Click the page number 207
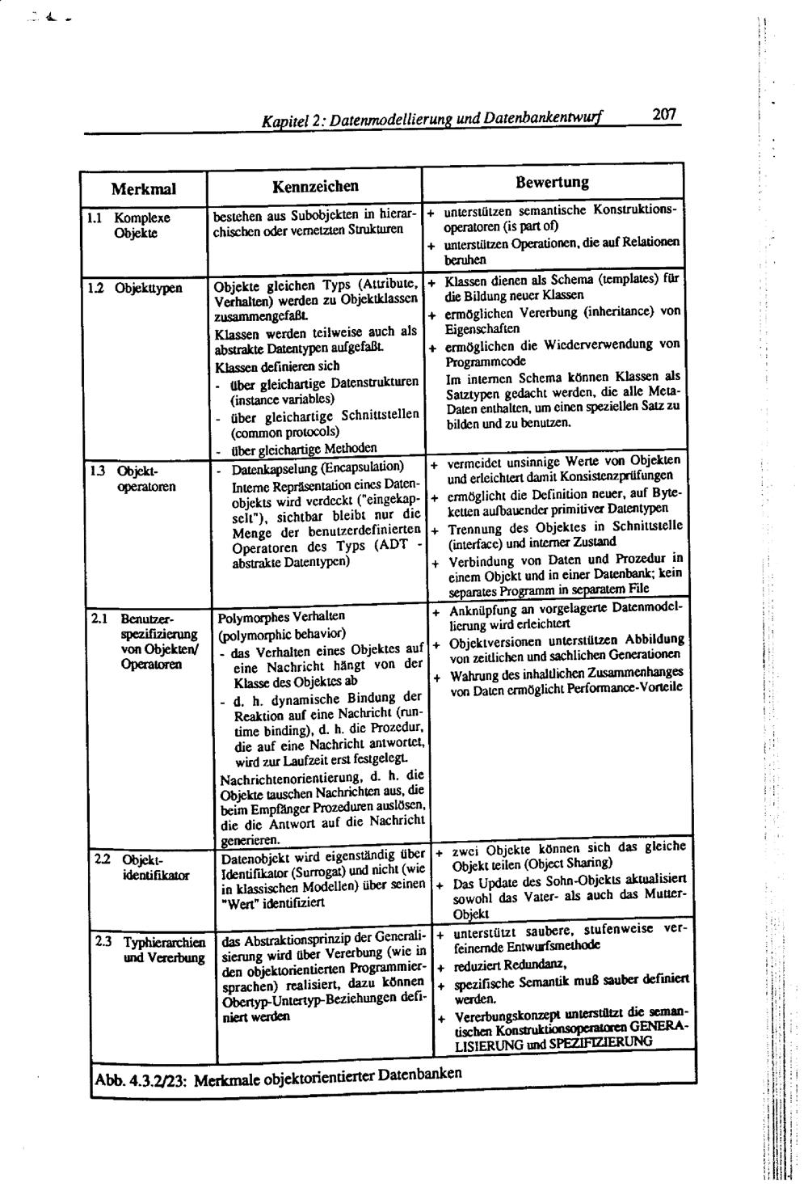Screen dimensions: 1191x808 (x=663, y=116)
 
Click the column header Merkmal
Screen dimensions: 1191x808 (x=143, y=189)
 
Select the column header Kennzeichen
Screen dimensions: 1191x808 (x=315, y=186)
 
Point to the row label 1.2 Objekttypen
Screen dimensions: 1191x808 (x=137, y=287)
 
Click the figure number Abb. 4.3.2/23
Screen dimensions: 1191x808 (x=141, y=1082)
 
